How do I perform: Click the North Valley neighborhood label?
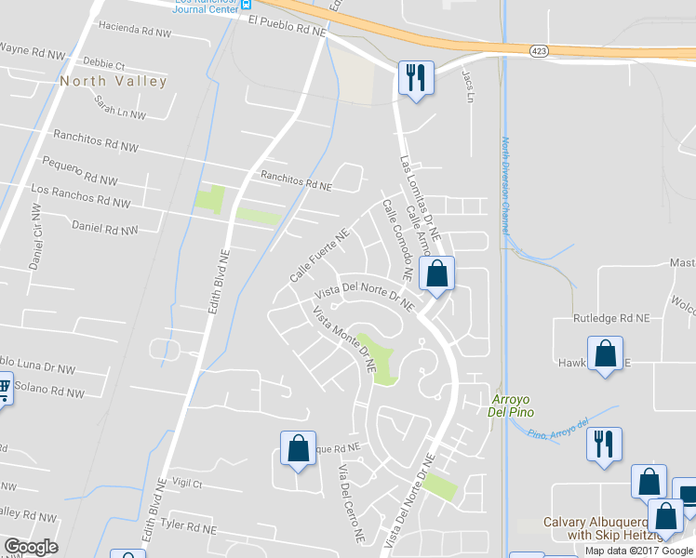coord(114,81)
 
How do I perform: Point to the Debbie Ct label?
coord(103,65)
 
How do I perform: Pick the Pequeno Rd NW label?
coord(80,169)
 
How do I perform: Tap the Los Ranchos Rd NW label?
coord(80,195)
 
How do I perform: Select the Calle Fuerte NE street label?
coord(318,257)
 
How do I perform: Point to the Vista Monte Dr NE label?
coord(344,340)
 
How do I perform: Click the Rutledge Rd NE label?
coord(610,318)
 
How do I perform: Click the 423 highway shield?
coord(539,51)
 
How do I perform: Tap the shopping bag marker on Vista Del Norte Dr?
coord(436,273)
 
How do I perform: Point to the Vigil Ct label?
coord(187,484)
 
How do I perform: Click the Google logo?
coord(31,547)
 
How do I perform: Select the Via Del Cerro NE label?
coord(351,503)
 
